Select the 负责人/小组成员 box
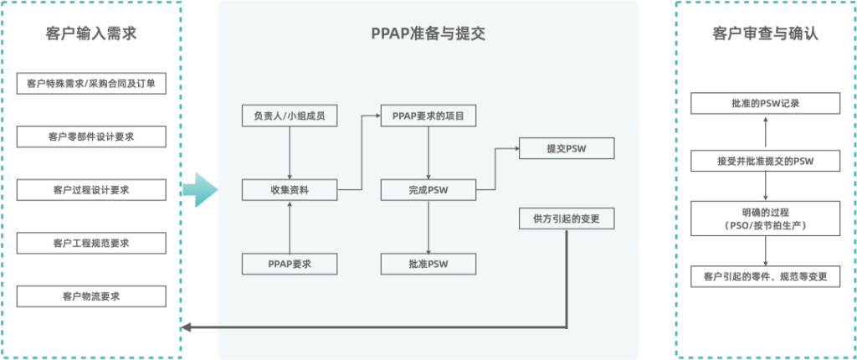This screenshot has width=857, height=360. pos(290,116)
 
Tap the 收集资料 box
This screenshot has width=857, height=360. pos(290,190)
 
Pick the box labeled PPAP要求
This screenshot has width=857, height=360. pos(290,264)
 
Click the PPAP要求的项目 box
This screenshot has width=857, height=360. pos(428,116)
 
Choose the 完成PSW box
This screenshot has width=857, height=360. pos(428,190)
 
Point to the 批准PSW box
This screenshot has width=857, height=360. pos(428,264)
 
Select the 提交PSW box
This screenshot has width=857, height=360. pos(567,149)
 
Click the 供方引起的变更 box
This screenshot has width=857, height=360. pos(567,219)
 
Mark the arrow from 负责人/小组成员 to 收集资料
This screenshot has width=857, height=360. pos(290,152)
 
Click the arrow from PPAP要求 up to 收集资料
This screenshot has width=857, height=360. pos(290,227)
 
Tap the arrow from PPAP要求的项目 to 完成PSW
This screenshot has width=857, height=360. pos(428,152)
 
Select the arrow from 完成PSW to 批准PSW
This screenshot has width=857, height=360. pos(428,227)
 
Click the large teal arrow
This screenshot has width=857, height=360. pos(198,189)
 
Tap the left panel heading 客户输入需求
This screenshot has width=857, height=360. pos(91,34)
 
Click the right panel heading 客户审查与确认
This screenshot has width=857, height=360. pos(765,34)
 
